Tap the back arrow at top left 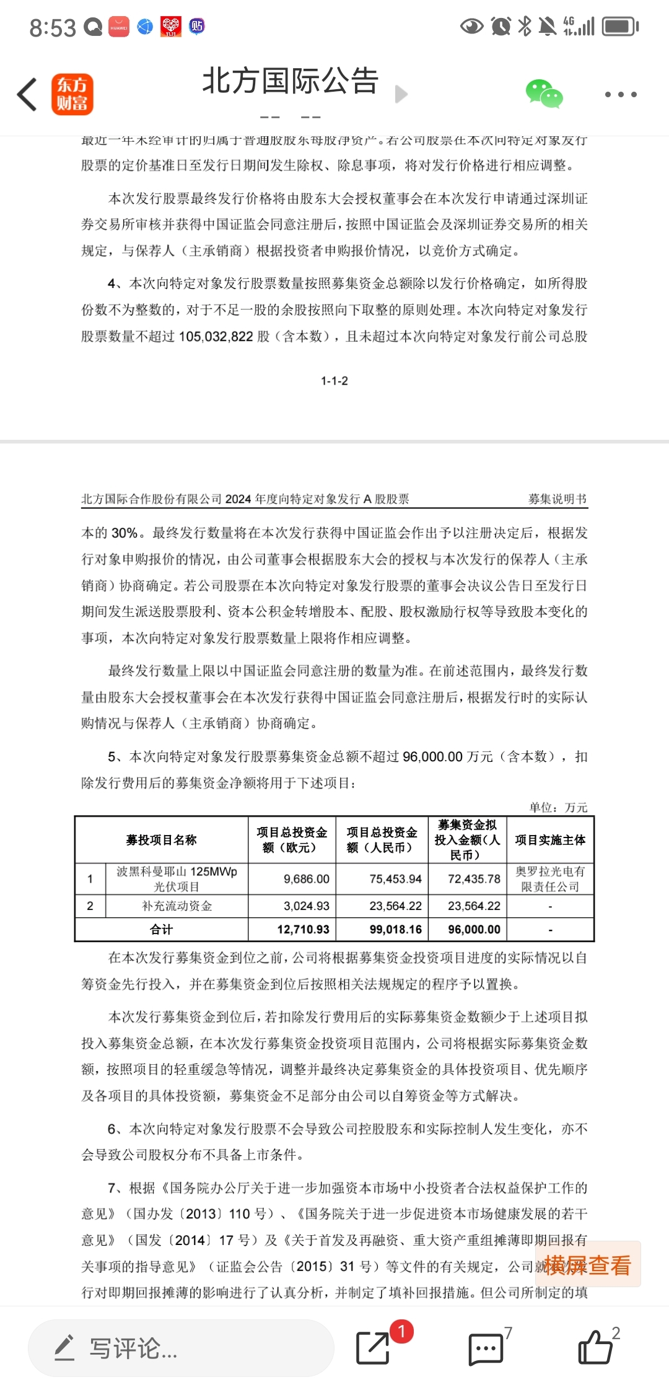point(27,95)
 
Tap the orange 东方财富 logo point(72,95)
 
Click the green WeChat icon point(544,94)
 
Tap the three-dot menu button point(621,95)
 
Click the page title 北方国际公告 point(290,81)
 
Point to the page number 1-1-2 point(334,381)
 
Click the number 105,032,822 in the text point(216,336)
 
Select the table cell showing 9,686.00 point(307,879)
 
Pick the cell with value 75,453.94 point(395,879)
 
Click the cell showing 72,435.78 point(474,879)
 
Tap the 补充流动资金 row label point(177,906)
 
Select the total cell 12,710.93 point(303,930)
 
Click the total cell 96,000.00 point(474,930)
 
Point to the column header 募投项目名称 point(161,840)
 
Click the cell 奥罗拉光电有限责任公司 point(550,879)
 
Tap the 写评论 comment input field point(180,1348)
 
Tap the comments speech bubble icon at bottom point(486,1348)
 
